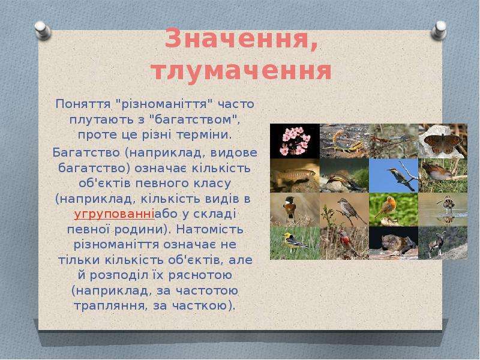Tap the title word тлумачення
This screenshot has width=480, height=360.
pyautogui.click(x=242, y=71)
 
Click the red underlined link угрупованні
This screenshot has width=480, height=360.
pyautogui.click(x=114, y=215)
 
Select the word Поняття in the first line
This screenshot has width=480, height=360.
pyautogui.click(x=83, y=104)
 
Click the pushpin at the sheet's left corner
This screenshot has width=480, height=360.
pyautogui.click(x=42, y=30)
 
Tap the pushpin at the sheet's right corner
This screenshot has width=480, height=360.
pyautogui.click(x=439, y=30)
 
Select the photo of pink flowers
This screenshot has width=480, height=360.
pyautogui.click(x=295, y=141)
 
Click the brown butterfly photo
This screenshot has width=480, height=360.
pyautogui.click(x=443, y=141)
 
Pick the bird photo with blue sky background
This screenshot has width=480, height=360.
pyautogui.click(x=394, y=176)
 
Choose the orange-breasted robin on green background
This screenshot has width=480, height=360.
pyautogui.click(x=394, y=209)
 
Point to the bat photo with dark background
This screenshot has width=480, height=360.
pyautogui.click(x=394, y=243)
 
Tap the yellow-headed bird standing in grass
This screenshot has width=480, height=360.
pyautogui.click(x=295, y=243)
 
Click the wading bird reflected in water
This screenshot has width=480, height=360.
pyautogui.click(x=443, y=209)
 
